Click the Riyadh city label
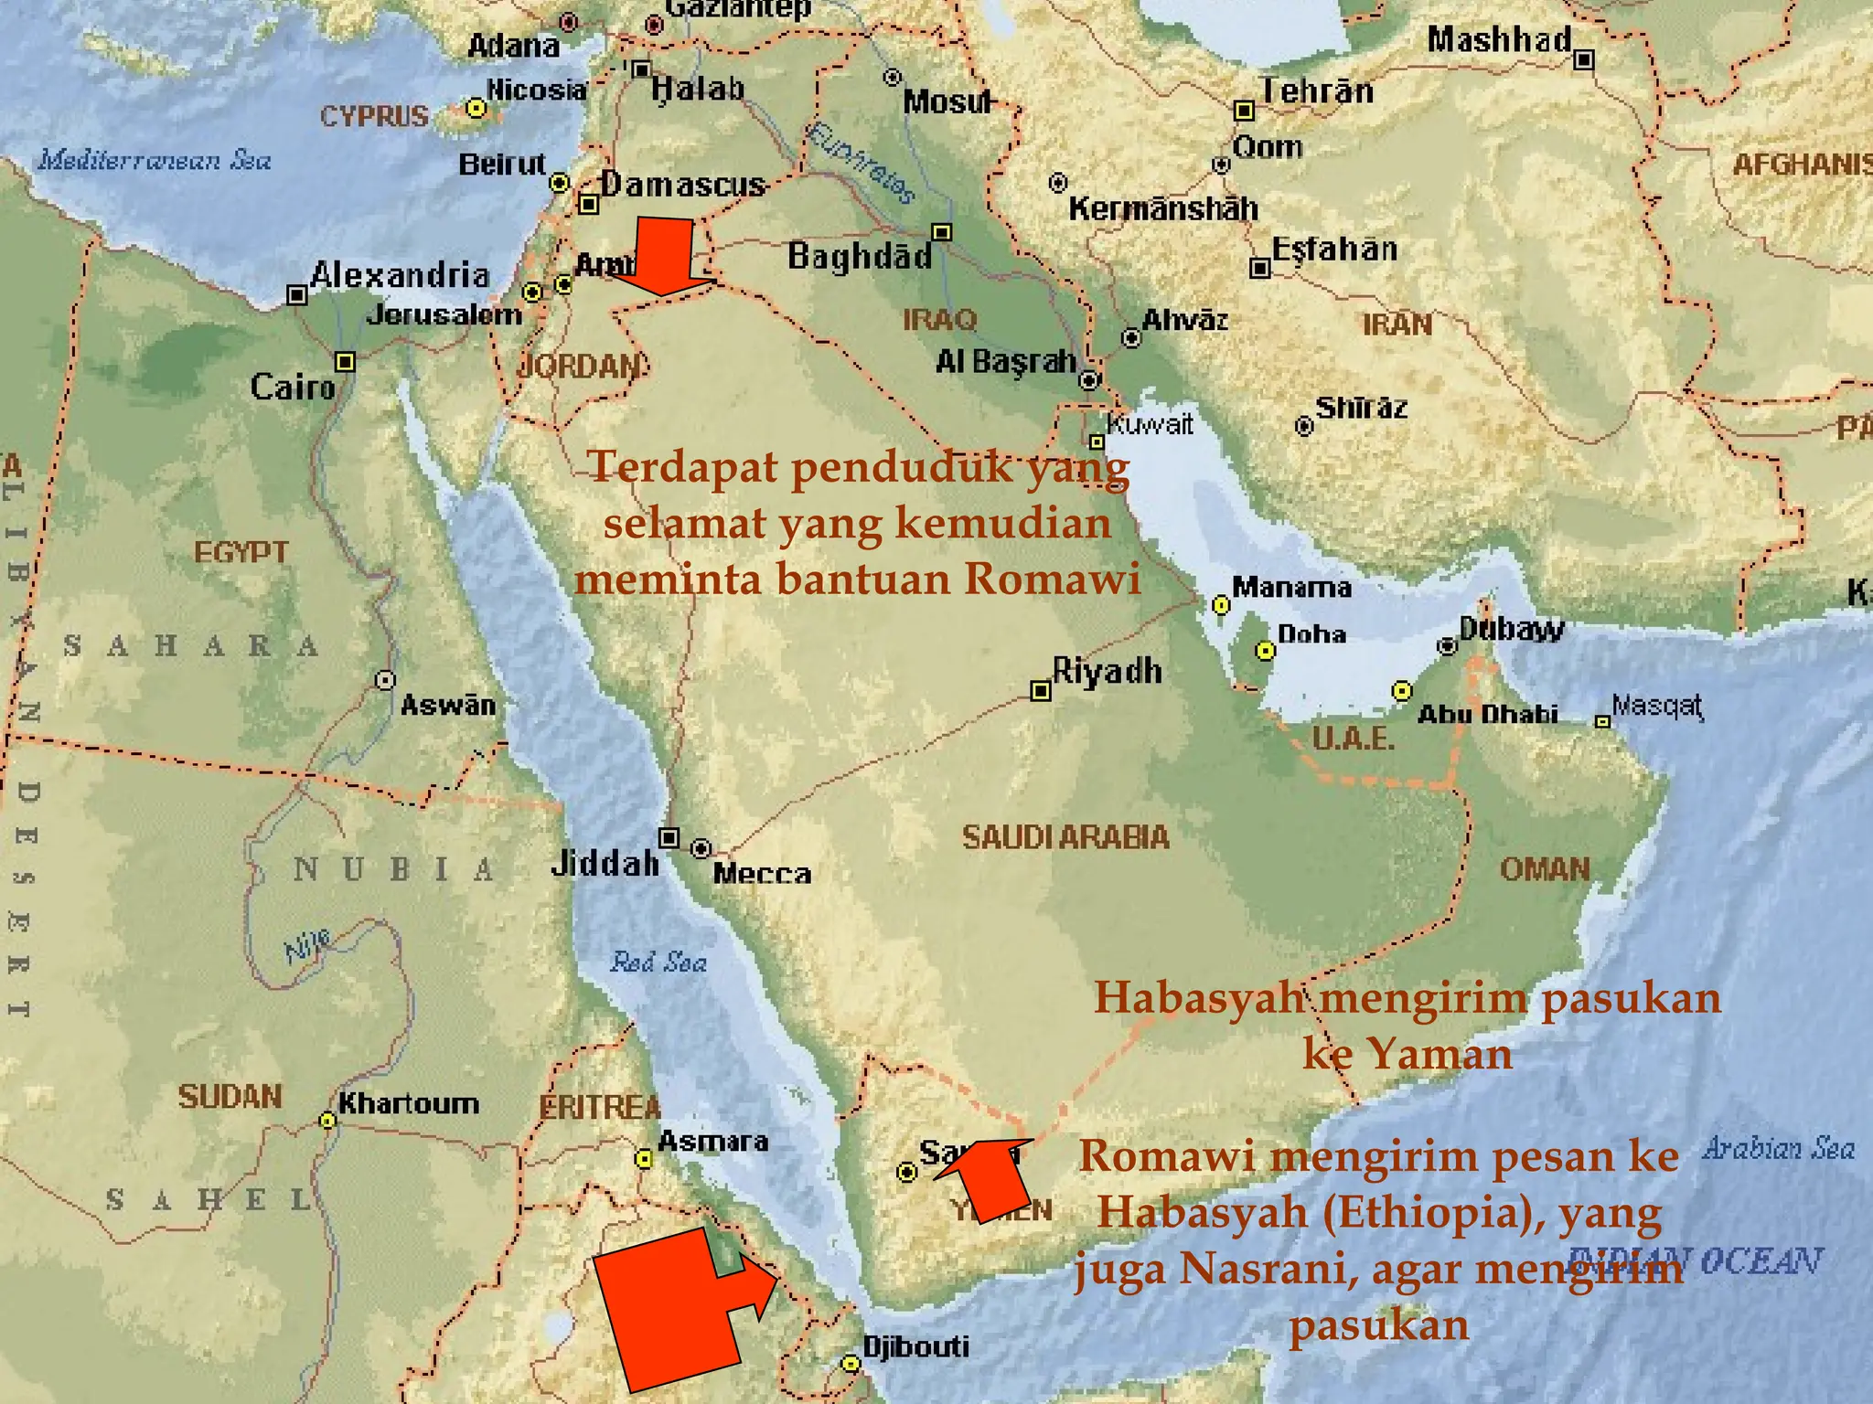pyautogui.click(x=1107, y=672)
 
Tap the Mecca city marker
pyautogui.click(x=701, y=848)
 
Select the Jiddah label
pyautogui.click(x=605, y=863)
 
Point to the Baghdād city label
pyautogui.click(x=860, y=256)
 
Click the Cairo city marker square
pyautogui.click(x=345, y=362)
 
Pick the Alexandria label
pyautogui.click(x=400, y=275)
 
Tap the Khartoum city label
pyautogui.click(x=408, y=1103)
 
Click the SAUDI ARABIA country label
pyautogui.click(x=1065, y=837)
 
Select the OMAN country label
pyautogui.click(x=1545, y=868)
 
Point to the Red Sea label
pyautogui.click(x=658, y=962)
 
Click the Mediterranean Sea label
pyautogui.click(x=155, y=161)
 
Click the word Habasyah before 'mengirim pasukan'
pyautogui.click(x=1198, y=997)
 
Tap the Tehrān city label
pyautogui.click(x=1317, y=91)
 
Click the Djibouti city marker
pyautogui.click(x=851, y=1364)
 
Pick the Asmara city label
pyautogui.click(x=712, y=1141)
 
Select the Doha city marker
pyautogui.click(x=1265, y=650)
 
